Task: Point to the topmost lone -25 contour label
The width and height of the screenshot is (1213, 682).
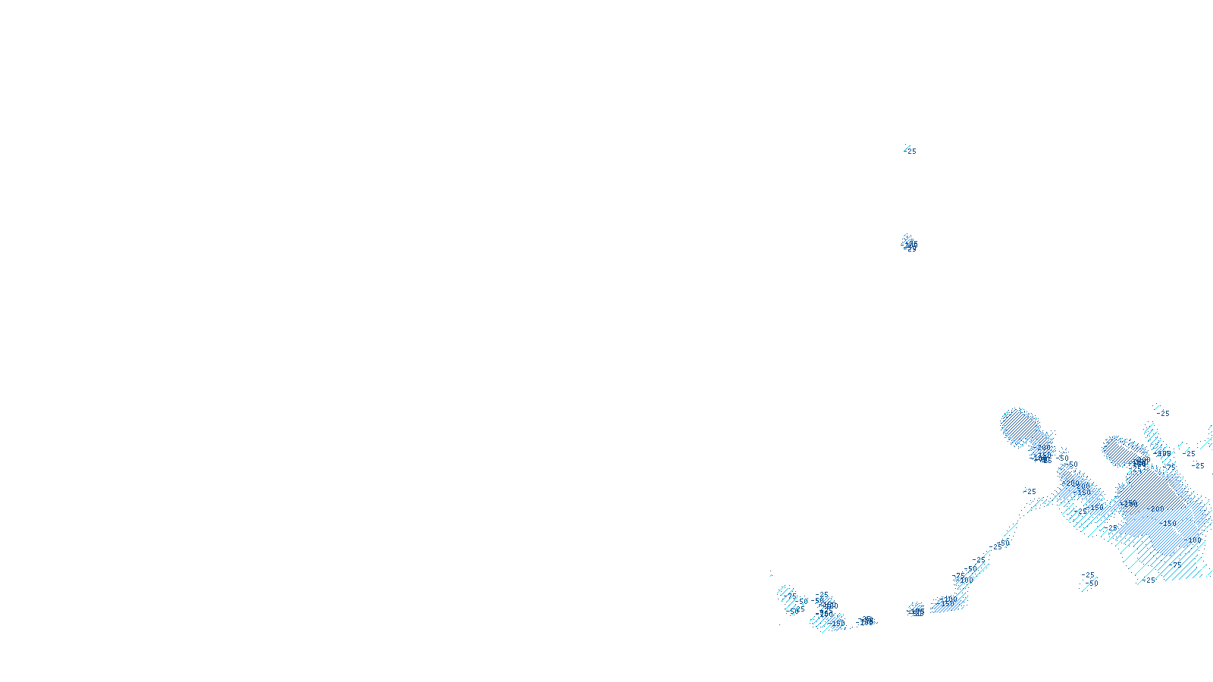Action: click(x=911, y=151)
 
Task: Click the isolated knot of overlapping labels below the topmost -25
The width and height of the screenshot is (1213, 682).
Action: click(x=910, y=245)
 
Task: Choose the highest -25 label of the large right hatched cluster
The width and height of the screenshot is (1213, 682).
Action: click(x=1164, y=413)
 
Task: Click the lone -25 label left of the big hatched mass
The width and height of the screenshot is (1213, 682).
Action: click(x=1030, y=491)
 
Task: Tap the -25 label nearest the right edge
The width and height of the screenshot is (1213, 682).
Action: click(x=1198, y=465)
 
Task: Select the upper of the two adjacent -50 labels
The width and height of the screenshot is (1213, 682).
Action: click(x=1063, y=458)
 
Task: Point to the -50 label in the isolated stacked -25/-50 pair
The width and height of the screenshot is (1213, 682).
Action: click(x=1092, y=583)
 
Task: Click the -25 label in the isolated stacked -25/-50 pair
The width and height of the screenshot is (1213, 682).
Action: click(x=1089, y=574)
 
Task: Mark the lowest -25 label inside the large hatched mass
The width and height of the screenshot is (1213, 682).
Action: click(x=1150, y=580)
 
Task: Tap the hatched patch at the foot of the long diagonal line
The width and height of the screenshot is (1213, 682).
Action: click(x=948, y=602)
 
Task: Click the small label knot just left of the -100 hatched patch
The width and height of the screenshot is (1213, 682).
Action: click(x=916, y=610)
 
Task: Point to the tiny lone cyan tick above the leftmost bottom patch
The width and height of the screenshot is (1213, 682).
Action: click(x=771, y=574)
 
